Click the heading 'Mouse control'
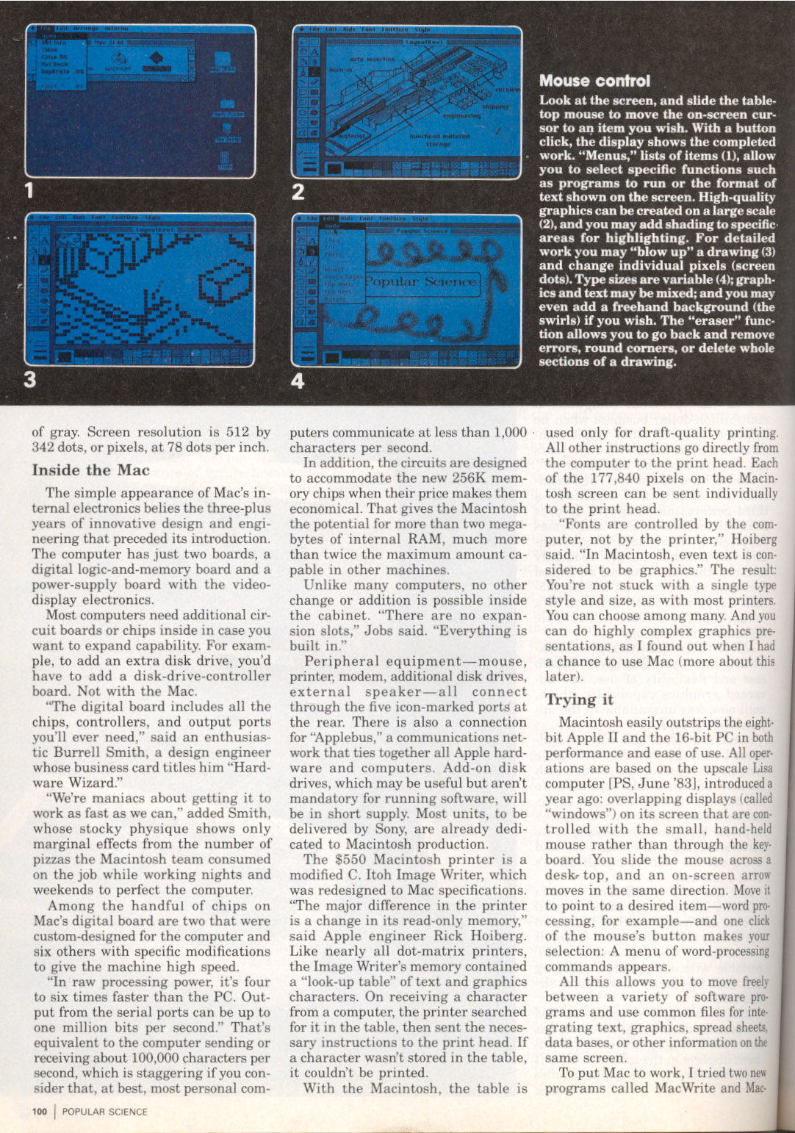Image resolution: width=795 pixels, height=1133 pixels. point(594,81)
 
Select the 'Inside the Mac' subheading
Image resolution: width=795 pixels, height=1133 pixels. point(90,470)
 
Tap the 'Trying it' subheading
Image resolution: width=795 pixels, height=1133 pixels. point(579,699)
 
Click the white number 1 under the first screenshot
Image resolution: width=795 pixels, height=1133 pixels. point(29,191)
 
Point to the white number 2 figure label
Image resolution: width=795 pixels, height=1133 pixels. point(298,192)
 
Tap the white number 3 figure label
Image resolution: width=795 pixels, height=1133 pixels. point(29,379)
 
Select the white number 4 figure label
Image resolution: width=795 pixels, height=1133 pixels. point(298,380)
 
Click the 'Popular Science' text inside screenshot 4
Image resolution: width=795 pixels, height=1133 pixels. point(421,281)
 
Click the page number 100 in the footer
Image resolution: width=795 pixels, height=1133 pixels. point(40,1112)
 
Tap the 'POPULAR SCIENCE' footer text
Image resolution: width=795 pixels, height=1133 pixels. point(104,1112)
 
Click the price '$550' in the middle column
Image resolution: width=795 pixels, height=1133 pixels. point(349,860)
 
